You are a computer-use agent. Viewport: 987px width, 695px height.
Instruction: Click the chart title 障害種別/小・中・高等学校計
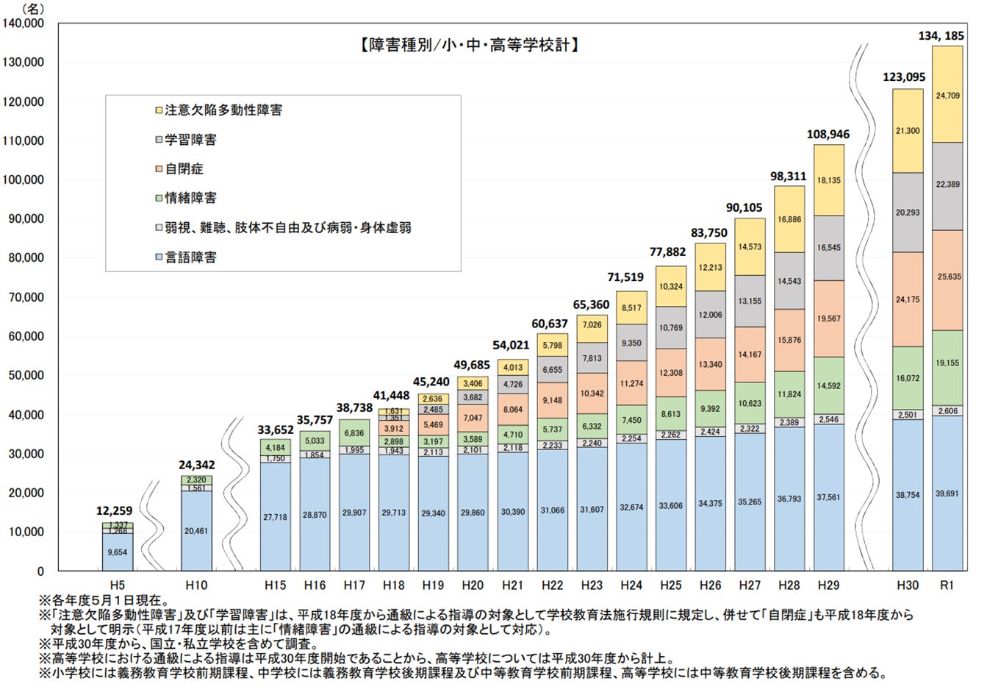(x=468, y=46)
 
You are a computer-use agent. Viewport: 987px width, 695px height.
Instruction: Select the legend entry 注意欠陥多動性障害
(x=223, y=110)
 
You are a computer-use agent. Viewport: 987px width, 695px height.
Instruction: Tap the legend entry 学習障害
(x=190, y=140)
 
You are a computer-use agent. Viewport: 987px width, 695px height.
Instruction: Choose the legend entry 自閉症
(x=184, y=168)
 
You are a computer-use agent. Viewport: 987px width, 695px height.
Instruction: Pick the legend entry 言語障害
(x=190, y=257)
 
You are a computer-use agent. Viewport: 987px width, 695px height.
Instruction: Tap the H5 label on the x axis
(x=117, y=585)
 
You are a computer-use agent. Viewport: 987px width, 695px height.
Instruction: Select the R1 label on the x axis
(x=947, y=585)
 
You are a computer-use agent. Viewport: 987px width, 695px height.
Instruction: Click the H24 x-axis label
(x=631, y=585)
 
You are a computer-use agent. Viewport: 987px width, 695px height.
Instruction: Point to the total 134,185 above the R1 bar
(x=946, y=35)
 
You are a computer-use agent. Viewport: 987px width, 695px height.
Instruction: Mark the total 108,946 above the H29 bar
(x=828, y=135)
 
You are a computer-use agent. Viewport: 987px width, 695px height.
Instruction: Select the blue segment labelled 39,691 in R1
(x=947, y=493)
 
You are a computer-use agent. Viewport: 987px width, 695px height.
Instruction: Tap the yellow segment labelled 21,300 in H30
(x=907, y=131)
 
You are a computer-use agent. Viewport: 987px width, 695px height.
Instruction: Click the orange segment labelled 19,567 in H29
(x=828, y=318)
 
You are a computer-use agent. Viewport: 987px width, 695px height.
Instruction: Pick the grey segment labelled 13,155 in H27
(x=750, y=301)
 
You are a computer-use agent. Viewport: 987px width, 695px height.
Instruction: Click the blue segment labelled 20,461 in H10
(x=196, y=530)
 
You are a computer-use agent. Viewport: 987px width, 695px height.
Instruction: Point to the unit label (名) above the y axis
(x=32, y=8)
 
